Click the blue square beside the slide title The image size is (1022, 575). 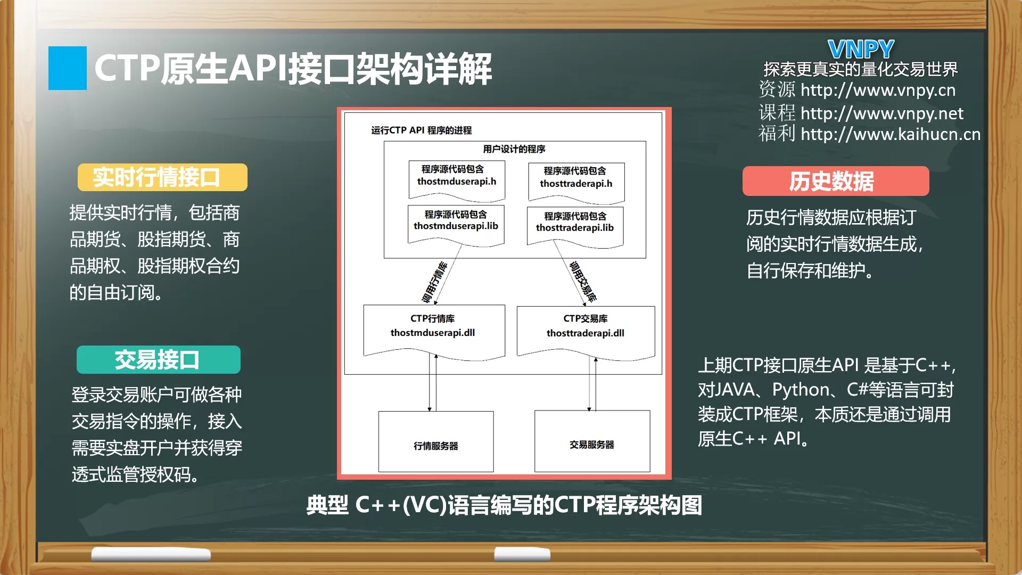[68, 68]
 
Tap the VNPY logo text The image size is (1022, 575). [861, 50]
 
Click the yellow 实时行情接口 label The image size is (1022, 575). [162, 177]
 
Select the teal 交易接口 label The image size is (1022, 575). [159, 360]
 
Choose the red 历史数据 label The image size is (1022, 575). [836, 181]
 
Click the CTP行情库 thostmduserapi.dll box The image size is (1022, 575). [434, 332]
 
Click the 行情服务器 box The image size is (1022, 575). [436, 441]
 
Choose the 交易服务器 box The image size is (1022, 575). [592, 441]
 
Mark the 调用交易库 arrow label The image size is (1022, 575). [583, 282]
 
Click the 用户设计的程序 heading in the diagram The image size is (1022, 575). [514, 149]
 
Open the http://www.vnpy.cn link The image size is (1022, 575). [878, 90]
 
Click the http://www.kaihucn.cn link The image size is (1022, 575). [891, 134]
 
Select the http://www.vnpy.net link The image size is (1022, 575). [881, 113]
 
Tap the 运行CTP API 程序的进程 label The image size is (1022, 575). [422, 130]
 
